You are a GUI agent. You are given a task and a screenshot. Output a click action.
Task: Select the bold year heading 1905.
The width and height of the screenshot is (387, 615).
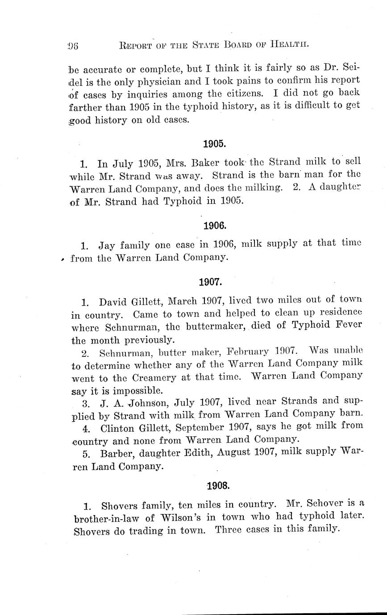213,144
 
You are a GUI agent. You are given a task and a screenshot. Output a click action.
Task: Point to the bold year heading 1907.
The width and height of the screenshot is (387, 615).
210,282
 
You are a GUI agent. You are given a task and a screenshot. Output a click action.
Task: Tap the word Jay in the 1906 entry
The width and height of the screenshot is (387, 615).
107,245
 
